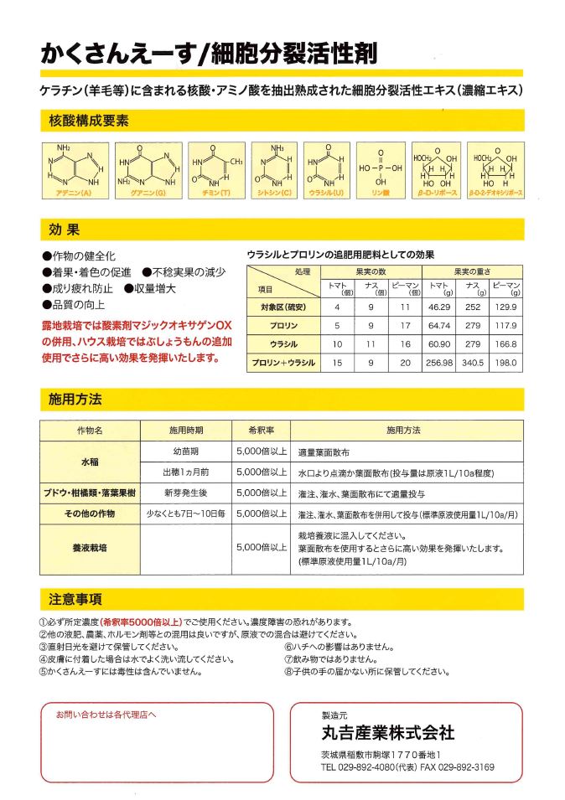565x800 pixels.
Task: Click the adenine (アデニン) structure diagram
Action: point(72,171)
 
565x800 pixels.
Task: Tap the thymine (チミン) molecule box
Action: point(216,171)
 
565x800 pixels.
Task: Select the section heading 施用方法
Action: point(75,400)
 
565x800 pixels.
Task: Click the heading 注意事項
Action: point(75,599)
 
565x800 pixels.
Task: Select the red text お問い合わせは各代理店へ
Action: point(106,715)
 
